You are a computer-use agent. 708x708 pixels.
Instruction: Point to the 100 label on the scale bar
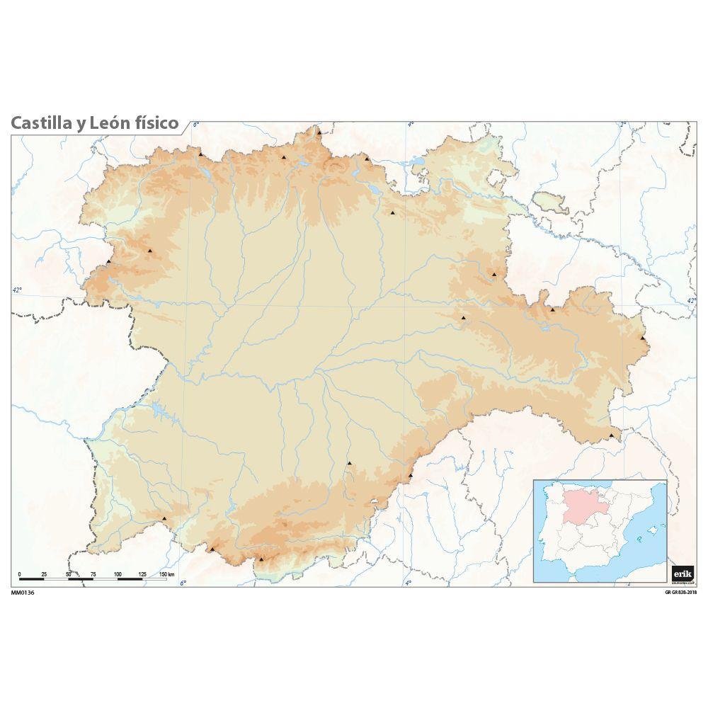(x=118, y=573)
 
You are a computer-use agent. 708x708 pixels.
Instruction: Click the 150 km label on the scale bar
(x=167, y=573)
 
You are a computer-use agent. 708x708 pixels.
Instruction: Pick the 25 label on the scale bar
(x=44, y=573)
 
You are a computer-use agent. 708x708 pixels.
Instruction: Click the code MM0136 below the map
(x=23, y=593)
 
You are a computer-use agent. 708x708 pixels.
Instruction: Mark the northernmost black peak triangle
(x=319, y=132)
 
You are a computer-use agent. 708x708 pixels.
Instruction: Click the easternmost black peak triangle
(x=643, y=338)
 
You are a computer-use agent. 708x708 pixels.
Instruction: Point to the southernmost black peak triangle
(x=261, y=559)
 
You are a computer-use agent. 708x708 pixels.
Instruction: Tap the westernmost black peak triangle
(x=108, y=261)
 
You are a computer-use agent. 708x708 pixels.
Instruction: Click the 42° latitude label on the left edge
(x=17, y=289)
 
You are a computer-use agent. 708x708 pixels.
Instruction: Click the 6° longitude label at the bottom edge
(x=182, y=583)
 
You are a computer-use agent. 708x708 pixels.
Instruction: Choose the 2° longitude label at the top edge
(x=623, y=125)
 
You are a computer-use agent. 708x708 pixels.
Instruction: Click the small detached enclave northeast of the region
(x=550, y=201)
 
